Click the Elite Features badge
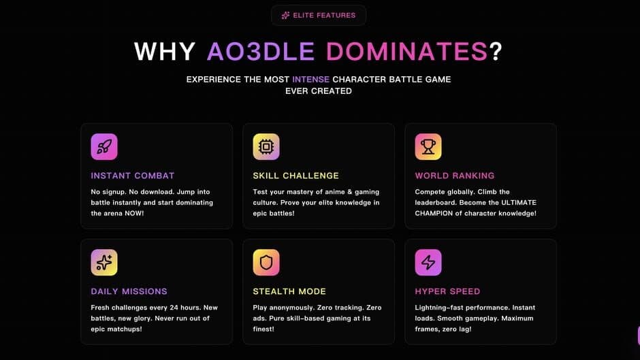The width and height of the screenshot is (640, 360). click(x=319, y=16)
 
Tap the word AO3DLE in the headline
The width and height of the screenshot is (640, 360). click(x=260, y=52)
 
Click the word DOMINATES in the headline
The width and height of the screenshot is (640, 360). click(x=406, y=52)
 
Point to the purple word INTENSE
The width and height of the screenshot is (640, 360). click(x=310, y=80)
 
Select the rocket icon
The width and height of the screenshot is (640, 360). click(x=104, y=146)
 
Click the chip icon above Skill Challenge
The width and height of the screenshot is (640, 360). click(x=266, y=146)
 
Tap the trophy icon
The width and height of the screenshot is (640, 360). click(x=428, y=146)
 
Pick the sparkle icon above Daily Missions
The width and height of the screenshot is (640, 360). click(x=104, y=263)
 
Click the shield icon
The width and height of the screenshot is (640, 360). click(x=266, y=263)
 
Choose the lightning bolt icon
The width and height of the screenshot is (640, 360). click(x=428, y=263)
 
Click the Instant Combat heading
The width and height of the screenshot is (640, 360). click(x=133, y=176)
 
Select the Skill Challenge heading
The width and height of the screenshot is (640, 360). click(x=296, y=176)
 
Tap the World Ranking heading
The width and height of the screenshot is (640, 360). click(x=455, y=176)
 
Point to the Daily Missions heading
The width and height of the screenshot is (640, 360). click(x=129, y=291)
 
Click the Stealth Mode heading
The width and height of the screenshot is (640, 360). click(x=289, y=291)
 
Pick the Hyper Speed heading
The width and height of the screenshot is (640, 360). click(x=447, y=291)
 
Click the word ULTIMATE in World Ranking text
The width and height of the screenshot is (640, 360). click(x=519, y=202)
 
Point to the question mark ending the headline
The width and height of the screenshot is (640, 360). click(x=496, y=52)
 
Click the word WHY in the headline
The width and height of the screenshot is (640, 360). click(x=165, y=52)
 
